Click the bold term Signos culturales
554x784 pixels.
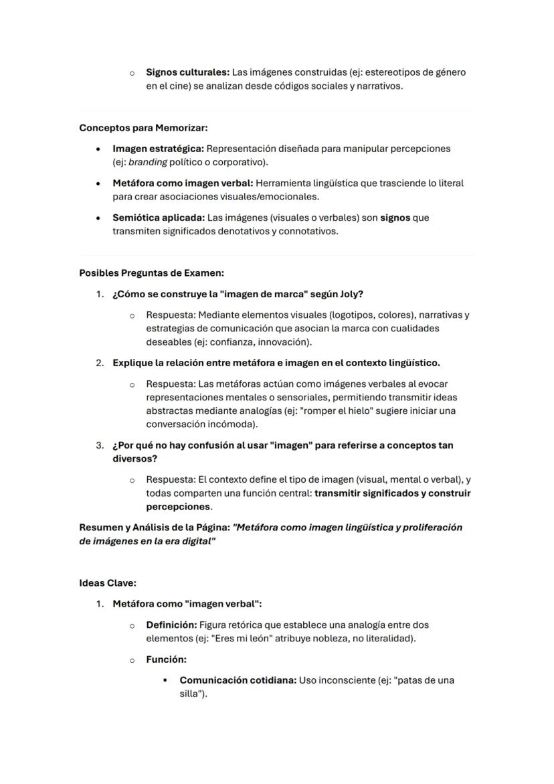tap(187, 72)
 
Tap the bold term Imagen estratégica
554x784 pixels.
tap(158, 149)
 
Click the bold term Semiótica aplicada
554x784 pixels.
tap(159, 218)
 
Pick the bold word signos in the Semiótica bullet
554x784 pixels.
tap(395, 218)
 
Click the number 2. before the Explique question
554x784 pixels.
tap(100, 363)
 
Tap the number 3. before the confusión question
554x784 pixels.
tap(100, 445)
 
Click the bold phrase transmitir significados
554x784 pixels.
tap(367, 493)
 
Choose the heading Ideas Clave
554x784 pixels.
tap(107, 583)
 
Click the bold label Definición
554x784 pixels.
tap(171, 625)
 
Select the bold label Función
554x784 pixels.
tap(166, 659)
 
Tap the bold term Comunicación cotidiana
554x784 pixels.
tap(238, 680)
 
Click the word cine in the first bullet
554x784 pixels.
tap(179, 86)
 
